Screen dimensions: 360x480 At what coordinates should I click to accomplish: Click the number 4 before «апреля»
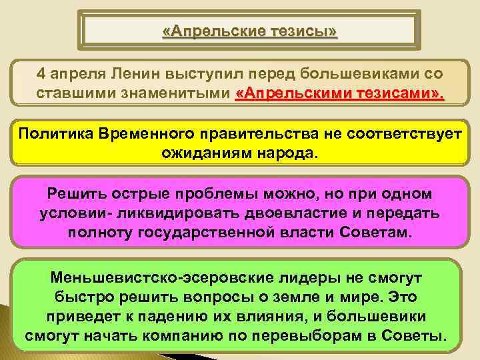41,72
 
